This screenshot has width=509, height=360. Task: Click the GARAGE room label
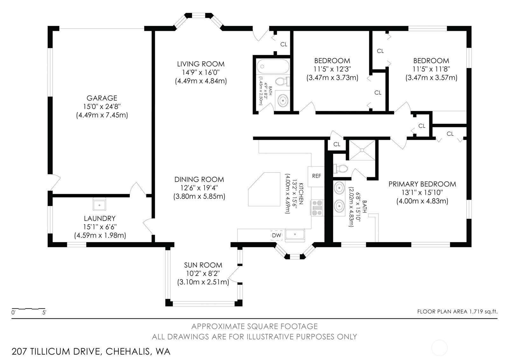(102, 98)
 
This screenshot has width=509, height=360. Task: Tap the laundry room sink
(99, 204)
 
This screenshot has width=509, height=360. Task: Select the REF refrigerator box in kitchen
(316, 176)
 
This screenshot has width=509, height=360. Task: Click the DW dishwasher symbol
(276, 236)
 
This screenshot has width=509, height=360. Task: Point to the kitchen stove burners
(317, 208)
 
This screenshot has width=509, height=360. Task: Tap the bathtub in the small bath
(273, 67)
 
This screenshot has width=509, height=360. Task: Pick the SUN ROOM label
(203, 265)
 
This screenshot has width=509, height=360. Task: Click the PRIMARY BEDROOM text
(422, 184)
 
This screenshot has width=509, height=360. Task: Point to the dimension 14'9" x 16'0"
(201, 73)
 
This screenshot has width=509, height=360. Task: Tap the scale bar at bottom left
(28, 309)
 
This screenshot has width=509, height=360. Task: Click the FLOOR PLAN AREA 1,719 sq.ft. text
(457, 312)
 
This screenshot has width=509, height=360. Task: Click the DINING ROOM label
(199, 179)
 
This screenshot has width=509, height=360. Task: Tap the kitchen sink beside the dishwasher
(295, 235)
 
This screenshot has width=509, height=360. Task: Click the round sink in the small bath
(282, 101)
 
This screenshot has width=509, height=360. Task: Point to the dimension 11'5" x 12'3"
(332, 69)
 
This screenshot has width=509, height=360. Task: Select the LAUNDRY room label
(100, 218)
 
